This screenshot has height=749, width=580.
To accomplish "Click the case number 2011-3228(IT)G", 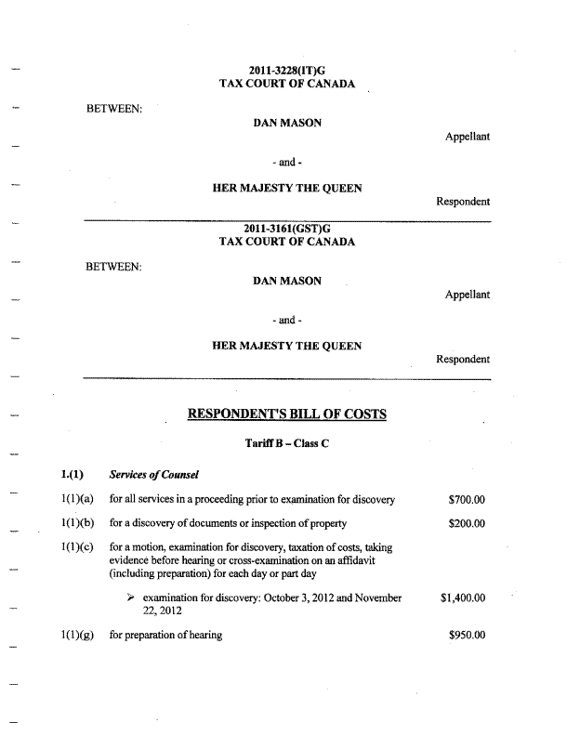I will pos(287,71).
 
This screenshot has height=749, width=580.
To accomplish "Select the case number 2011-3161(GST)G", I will pos(287,229).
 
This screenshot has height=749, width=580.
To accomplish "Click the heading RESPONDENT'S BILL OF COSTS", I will pos(287,414).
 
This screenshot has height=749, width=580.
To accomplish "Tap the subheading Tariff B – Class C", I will pos(287,443).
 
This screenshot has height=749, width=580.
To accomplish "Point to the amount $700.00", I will pos(466,500).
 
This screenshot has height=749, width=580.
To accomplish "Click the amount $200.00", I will pos(466,523).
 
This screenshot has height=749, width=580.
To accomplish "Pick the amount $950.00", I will pos(466,636).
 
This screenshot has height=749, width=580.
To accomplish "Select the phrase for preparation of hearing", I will pos(165,636).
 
